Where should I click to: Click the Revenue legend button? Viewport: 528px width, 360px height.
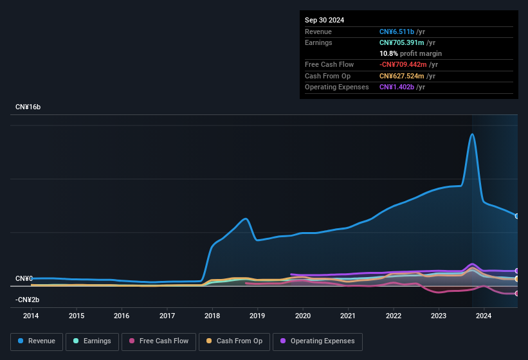click(x=37, y=341)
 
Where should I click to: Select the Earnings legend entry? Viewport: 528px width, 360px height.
click(x=92, y=341)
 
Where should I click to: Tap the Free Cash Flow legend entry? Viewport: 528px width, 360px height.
click(x=159, y=341)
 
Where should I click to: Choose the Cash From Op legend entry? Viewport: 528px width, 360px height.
click(x=235, y=341)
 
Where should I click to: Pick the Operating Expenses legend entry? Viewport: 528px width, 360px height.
click(x=318, y=341)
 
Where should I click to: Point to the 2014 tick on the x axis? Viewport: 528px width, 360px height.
click(x=31, y=316)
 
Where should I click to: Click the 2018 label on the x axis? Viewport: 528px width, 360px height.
click(x=212, y=316)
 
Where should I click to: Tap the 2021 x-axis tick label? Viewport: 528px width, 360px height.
click(x=348, y=316)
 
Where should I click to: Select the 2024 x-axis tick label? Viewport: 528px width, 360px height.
click(x=484, y=316)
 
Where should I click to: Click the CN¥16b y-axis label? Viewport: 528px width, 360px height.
click(x=28, y=107)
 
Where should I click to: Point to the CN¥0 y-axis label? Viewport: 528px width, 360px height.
click(x=24, y=278)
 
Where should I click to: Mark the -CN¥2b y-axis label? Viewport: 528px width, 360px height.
click(x=27, y=300)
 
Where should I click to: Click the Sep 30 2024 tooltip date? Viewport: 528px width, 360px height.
click(x=324, y=20)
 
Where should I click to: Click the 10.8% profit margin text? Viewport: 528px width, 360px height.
click(x=410, y=53)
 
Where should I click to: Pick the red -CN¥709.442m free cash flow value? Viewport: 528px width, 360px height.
click(x=411, y=64)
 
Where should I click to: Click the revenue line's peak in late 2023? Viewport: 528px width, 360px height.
click(x=473, y=134)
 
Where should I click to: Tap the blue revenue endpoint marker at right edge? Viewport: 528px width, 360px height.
click(x=516, y=216)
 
